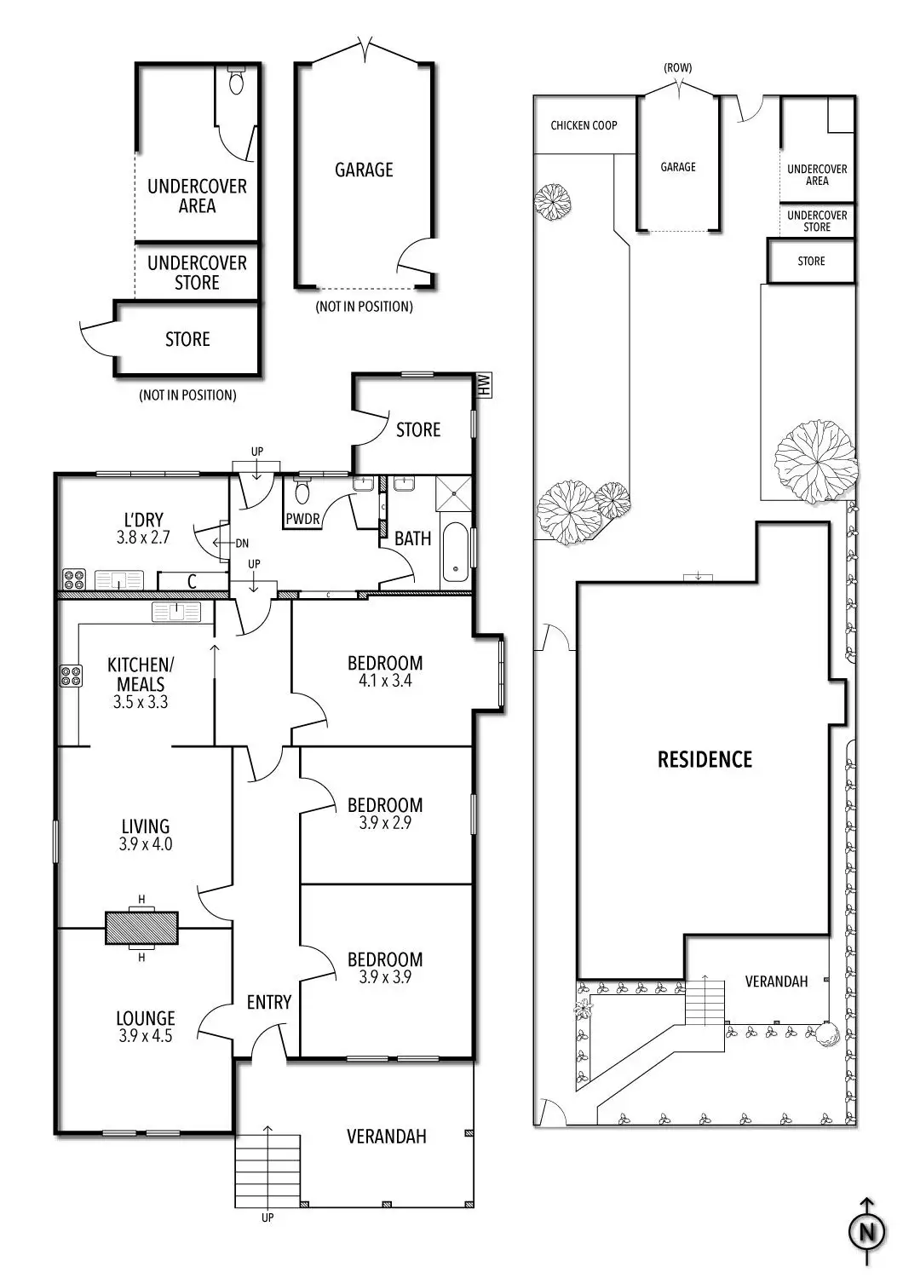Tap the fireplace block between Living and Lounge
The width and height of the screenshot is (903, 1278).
tap(141, 928)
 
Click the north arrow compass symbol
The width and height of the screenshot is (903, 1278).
tap(867, 1232)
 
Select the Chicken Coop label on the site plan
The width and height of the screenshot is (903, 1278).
tap(584, 125)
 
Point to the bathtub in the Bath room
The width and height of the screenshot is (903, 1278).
tap(455, 552)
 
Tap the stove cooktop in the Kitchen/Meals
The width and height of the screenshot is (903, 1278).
tap(70, 676)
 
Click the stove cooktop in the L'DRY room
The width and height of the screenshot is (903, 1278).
tap(74, 579)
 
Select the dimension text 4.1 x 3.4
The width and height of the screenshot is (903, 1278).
tap(385, 681)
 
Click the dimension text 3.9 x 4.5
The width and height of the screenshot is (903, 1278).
tap(146, 1037)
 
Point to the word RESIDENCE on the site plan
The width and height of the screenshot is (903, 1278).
tap(705, 759)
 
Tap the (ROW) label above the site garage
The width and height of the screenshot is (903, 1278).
tap(678, 67)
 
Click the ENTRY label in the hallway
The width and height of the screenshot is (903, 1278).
tap(269, 1003)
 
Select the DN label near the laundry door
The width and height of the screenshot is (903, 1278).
tap(241, 543)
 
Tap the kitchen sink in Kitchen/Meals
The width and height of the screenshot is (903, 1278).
tap(176, 611)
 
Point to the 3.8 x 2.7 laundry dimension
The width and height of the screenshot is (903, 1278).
tap(143, 538)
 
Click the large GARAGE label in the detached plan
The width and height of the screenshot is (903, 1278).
tap(364, 170)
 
